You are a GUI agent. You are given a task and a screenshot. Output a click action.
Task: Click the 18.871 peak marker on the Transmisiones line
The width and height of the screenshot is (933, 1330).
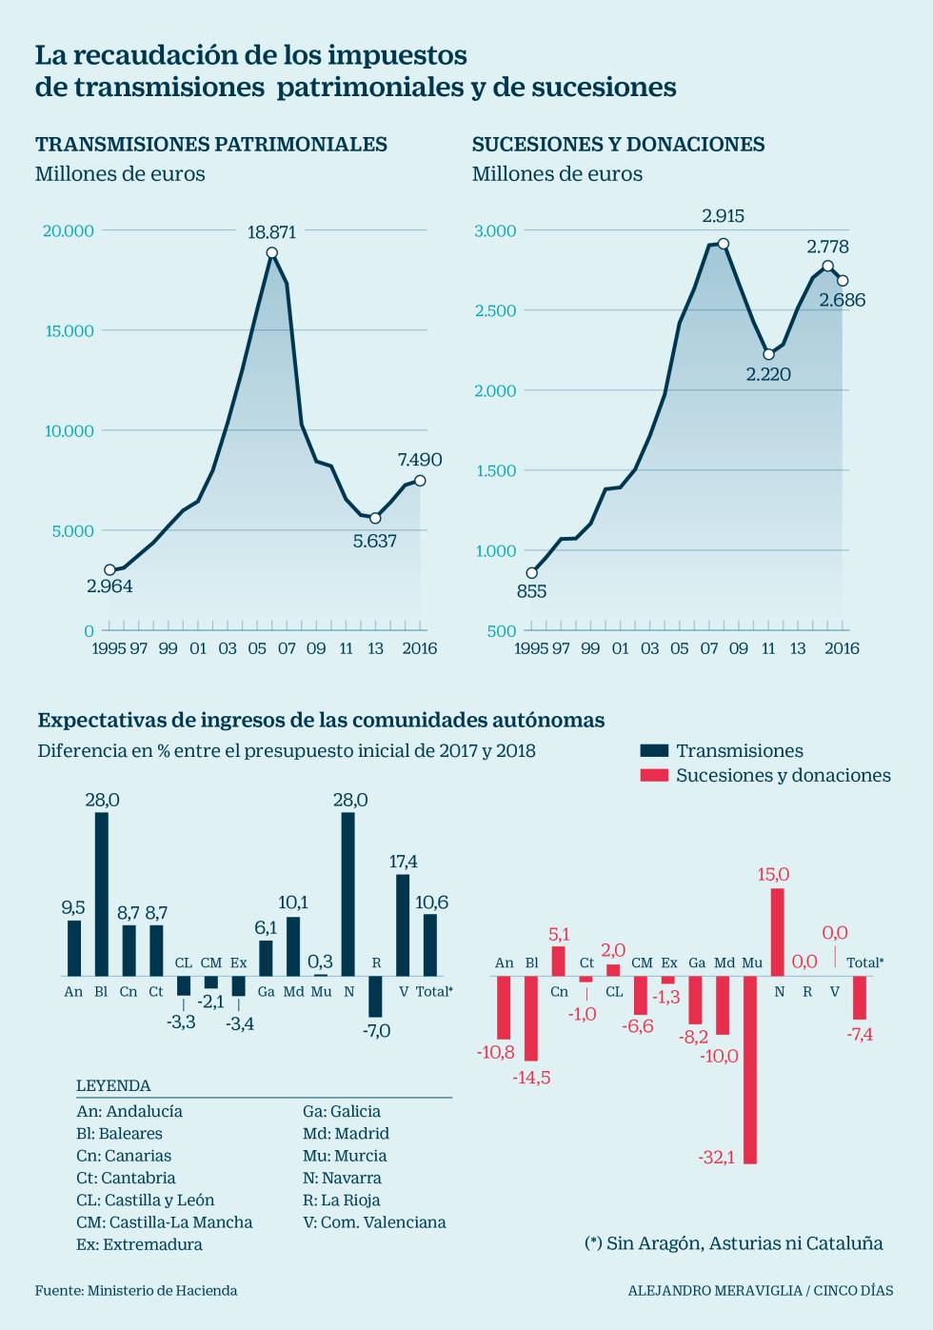[x=272, y=252]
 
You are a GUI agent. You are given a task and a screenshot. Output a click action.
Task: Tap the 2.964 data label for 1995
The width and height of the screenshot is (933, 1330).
[x=109, y=586]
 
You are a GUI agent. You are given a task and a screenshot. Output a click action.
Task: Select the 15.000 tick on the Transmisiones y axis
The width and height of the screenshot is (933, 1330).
[x=69, y=330]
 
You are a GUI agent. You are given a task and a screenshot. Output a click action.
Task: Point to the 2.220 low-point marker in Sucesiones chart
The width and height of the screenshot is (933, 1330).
[x=768, y=354]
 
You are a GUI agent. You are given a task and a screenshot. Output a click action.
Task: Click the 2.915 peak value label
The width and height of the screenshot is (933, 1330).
[x=723, y=216]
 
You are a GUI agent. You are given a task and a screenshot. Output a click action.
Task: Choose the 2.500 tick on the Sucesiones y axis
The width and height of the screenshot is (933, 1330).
[x=495, y=310]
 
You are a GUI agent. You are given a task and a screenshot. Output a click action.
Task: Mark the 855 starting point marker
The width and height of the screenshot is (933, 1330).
[x=531, y=573]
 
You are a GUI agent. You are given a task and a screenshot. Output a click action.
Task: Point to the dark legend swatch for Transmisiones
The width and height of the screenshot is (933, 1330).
[x=654, y=750]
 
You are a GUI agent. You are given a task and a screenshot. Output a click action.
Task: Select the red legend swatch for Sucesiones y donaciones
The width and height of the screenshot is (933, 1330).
[x=654, y=775]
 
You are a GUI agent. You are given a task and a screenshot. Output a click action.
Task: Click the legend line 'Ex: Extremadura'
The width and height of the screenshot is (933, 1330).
[x=139, y=1244]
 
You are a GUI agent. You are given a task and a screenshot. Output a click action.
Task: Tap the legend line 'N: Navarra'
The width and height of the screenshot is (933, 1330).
[x=342, y=1178]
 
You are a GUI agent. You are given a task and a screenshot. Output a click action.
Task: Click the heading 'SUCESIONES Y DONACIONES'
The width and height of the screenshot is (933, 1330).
[x=618, y=145]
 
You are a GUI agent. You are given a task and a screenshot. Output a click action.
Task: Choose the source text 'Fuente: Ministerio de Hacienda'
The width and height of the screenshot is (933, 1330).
[x=136, y=1291]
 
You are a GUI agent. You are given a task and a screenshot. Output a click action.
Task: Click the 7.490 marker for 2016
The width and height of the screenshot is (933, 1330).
[x=420, y=481]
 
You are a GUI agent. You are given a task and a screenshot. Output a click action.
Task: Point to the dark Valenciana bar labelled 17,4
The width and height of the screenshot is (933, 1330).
[x=403, y=925]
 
